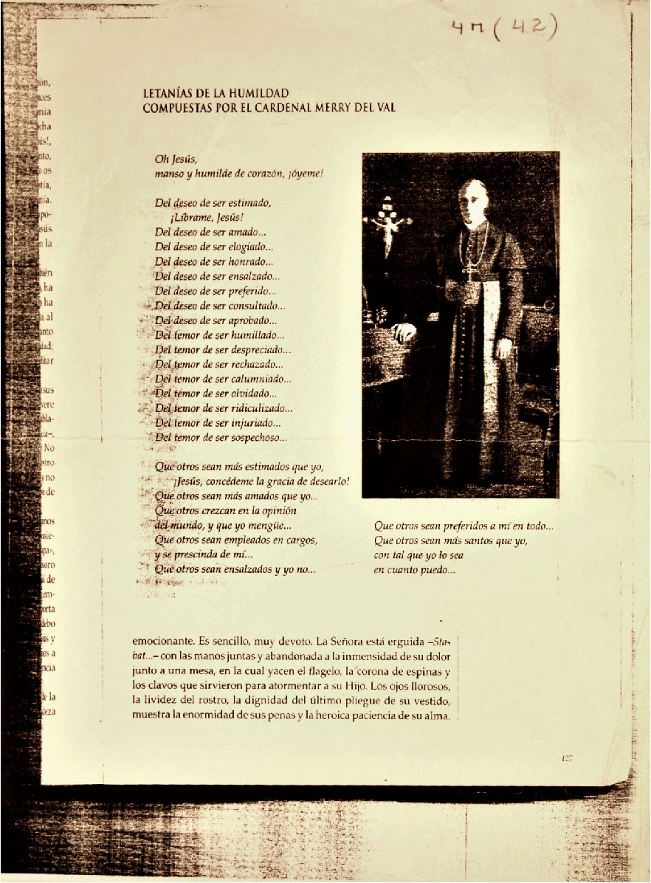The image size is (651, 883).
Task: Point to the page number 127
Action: [x=567, y=758]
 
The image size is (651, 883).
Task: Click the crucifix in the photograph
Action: [x=386, y=221]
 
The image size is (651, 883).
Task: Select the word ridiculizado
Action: [x=268, y=408]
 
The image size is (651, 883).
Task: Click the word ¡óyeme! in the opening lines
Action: [x=306, y=175]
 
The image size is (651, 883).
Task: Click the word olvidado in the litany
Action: [x=253, y=394]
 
